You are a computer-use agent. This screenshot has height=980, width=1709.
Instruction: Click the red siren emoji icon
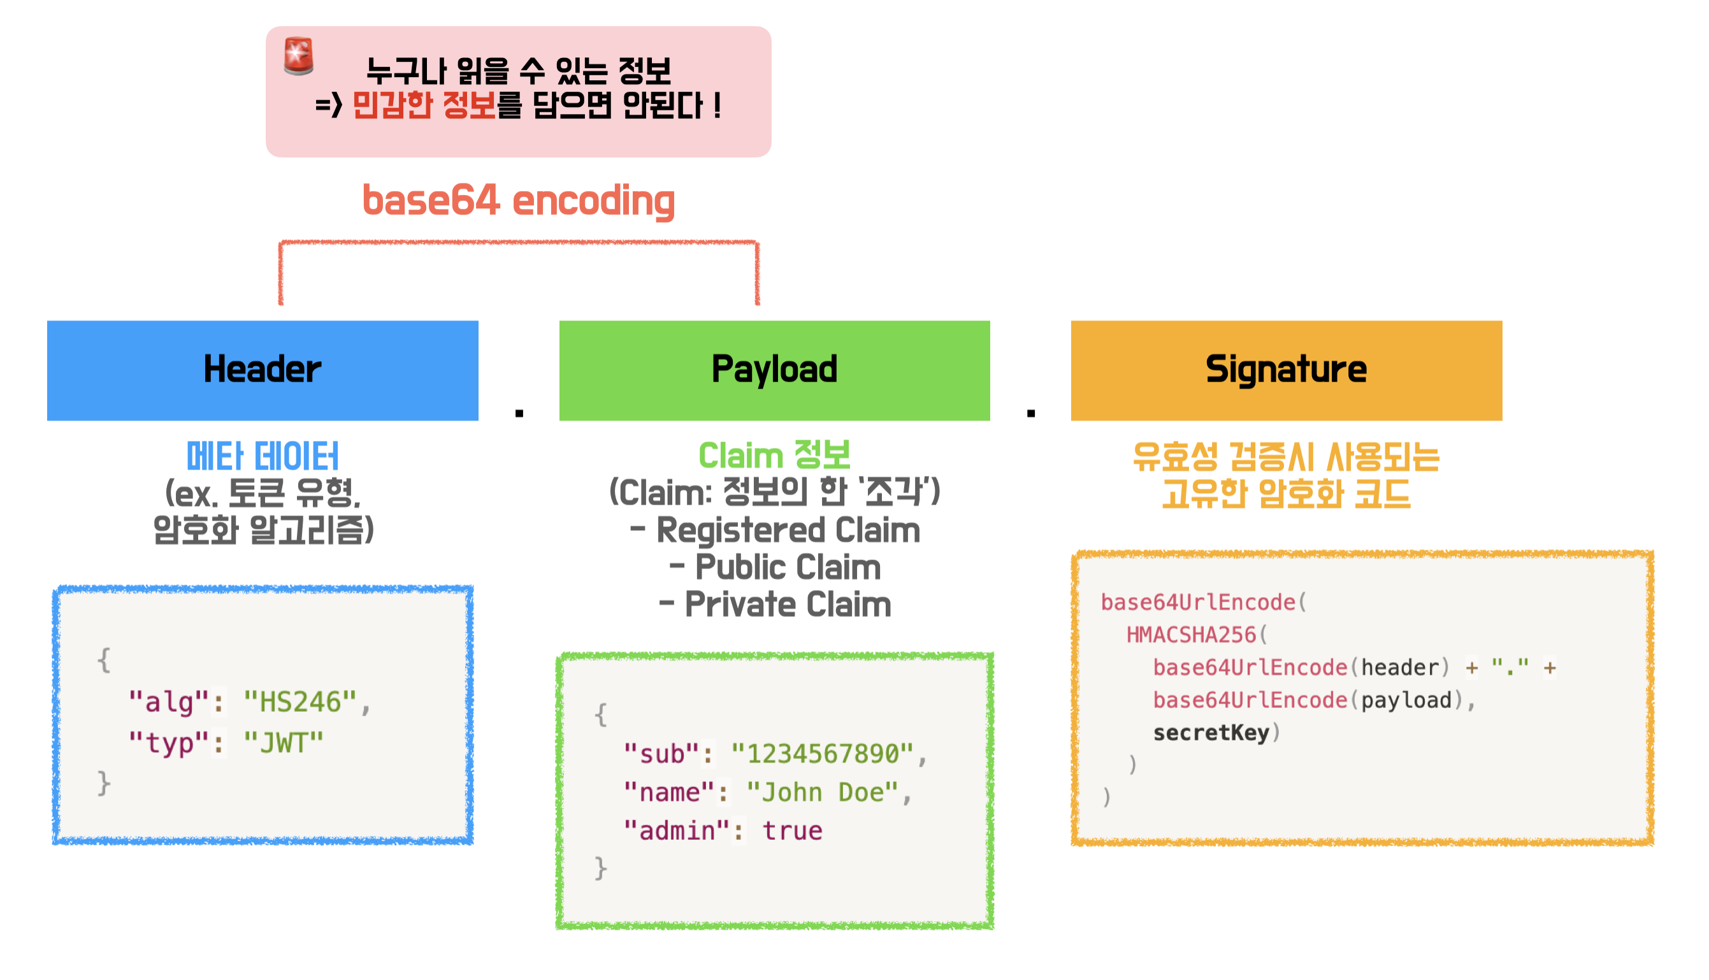(299, 56)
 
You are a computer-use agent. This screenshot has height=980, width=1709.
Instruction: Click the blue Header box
(263, 371)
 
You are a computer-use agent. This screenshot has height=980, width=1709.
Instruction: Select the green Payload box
(775, 371)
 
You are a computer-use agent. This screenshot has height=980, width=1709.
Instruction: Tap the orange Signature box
(1287, 371)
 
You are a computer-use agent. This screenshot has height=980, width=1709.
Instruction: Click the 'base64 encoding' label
(519, 201)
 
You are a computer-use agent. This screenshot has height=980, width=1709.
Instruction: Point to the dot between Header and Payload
(519, 414)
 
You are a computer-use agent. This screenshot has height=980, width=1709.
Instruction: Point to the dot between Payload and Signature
(1031, 414)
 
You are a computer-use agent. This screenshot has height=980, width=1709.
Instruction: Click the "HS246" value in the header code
(300, 702)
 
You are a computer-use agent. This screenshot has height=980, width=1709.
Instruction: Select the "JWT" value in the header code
(284, 743)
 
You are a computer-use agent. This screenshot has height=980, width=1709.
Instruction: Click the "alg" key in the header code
(169, 702)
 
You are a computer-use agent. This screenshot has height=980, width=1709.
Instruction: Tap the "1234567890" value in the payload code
(823, 754)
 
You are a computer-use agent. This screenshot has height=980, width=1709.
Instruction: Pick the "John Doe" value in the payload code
(823, 792)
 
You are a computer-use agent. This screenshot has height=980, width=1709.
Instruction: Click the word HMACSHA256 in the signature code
(1192, 634)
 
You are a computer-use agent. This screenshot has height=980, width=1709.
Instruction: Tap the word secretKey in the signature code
(1211, 732)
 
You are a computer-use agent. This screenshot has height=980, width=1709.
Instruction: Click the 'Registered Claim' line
(788, 530)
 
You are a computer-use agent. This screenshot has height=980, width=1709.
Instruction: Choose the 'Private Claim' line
(788, 605)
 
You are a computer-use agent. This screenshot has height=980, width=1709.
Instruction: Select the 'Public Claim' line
(788, 567)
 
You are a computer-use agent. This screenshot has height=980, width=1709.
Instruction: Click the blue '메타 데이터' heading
(263, 457)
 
